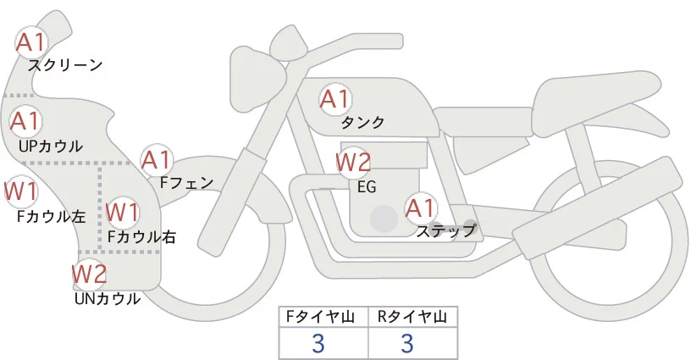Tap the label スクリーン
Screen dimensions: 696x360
(65, 65)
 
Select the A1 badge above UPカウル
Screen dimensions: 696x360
(25, 121)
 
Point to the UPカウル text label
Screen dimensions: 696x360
(51, 146)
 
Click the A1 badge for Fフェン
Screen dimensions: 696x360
(157, 158)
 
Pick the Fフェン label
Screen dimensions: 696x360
(186, 181)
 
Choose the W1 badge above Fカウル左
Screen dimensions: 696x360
(19, 191)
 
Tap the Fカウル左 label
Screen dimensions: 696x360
(51, 216)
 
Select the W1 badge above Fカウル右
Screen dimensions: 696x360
(124, 210)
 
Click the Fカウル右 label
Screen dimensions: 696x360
(141, 237)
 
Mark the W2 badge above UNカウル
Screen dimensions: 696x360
(88, 274)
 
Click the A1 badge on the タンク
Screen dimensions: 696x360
(334, 99)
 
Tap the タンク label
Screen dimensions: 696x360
(363, 123)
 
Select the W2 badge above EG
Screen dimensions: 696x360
(353, 161)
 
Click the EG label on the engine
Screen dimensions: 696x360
(367, 186)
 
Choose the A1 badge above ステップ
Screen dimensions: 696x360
(421, 207)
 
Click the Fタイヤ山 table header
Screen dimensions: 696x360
(323, 317)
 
